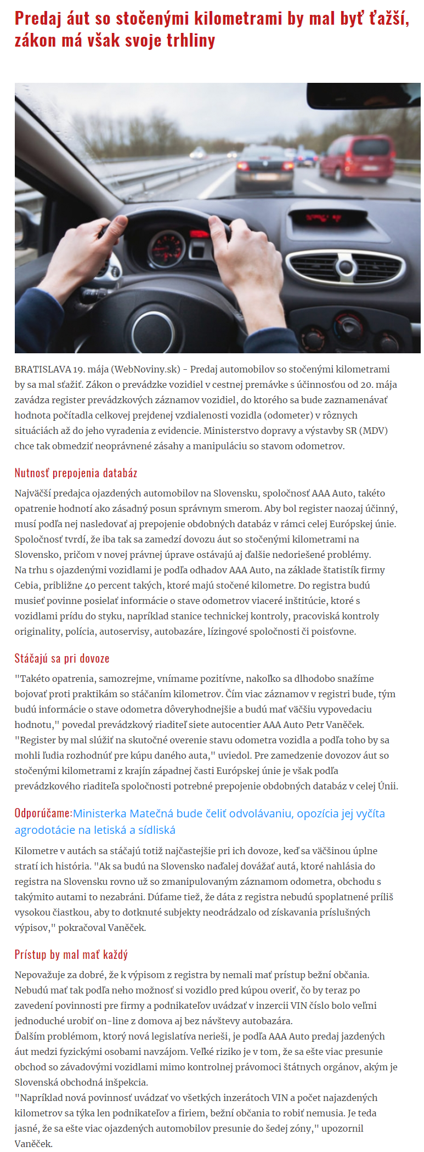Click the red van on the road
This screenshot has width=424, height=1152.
pos(356,157)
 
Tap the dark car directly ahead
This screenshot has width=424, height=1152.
pos(264,167)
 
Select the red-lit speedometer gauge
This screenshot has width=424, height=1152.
pos(167,248)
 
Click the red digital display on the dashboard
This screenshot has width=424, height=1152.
pos(324,218)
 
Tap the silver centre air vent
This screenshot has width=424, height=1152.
pos(346,268)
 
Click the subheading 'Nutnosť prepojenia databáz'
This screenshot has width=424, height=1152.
pos(76,473)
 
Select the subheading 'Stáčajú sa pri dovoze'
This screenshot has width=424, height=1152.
pos(62,658)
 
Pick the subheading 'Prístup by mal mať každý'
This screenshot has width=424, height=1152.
pos(71,955)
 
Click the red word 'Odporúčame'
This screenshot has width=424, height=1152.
pos(43,813)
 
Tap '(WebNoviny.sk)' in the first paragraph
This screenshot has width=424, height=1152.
pos(146,369)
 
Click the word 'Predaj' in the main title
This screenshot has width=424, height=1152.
pos(37,18)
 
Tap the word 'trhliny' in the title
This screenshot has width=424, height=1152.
pos(191,40)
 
